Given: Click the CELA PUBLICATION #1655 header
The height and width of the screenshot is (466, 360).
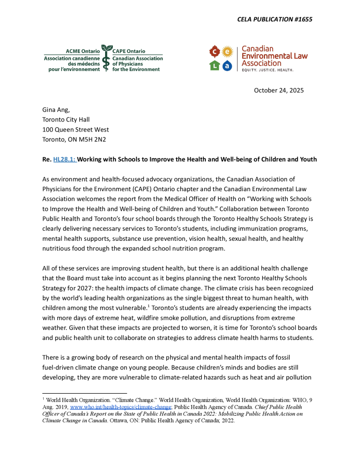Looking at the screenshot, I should (x=274, y=19).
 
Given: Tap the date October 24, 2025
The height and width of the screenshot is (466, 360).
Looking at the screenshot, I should (x=279, y=90).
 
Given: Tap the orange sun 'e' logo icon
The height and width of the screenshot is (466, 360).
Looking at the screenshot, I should (x=227, y=51).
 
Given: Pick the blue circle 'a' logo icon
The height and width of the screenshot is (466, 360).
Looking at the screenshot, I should (x=227, y=66).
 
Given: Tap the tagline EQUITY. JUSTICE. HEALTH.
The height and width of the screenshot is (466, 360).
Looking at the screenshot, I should (x=267, y=71).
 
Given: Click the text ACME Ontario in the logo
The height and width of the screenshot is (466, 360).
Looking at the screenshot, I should (x=83, y=52).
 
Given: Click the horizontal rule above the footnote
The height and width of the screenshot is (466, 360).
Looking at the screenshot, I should (x=85, y=393).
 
